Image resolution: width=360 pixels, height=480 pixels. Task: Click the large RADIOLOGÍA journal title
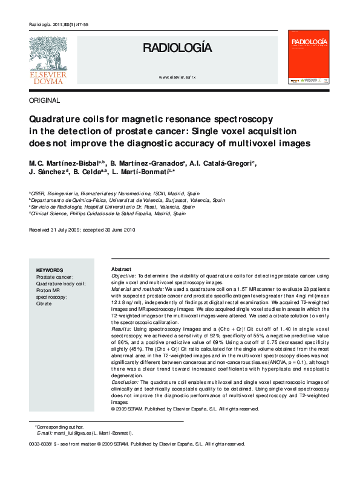click(177, 48)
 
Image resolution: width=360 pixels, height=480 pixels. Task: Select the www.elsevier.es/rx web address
click(177, 79)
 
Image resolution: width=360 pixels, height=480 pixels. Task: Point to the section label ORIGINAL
click(44, 100)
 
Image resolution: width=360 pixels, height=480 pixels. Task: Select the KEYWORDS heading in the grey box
click(50, 270)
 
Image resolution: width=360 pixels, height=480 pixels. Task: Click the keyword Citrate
click(44, 303)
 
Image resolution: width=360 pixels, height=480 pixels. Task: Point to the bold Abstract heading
click(122, 268)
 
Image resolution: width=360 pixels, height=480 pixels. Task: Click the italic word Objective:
click(124, 276)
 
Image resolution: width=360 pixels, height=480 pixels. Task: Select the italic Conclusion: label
click(126, 382)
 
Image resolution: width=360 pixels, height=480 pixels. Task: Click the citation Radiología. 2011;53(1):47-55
click(59, 24)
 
